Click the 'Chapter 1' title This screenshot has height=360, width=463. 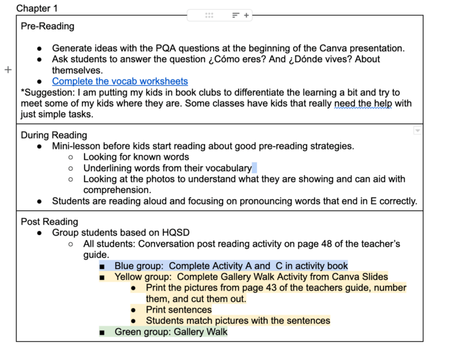(x=37, y=8)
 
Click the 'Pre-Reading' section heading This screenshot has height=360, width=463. (x=48, y=27)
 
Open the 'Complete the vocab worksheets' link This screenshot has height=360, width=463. (x=120, y=81)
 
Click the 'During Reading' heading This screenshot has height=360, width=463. (x=54, y=135)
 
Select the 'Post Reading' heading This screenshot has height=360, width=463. (x=49, y=222)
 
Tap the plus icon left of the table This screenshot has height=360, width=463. (x=8, y=70)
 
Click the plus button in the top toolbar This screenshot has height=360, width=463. (x=247, y=16)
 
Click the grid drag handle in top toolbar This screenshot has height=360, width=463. (x=209, y=16)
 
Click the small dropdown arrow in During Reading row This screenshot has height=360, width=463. (x=417, y=131)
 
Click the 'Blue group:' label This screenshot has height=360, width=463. (x=139, y=266)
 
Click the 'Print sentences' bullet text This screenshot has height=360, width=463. (x=178, y=310)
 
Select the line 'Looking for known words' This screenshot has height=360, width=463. (x=136, y=157)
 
